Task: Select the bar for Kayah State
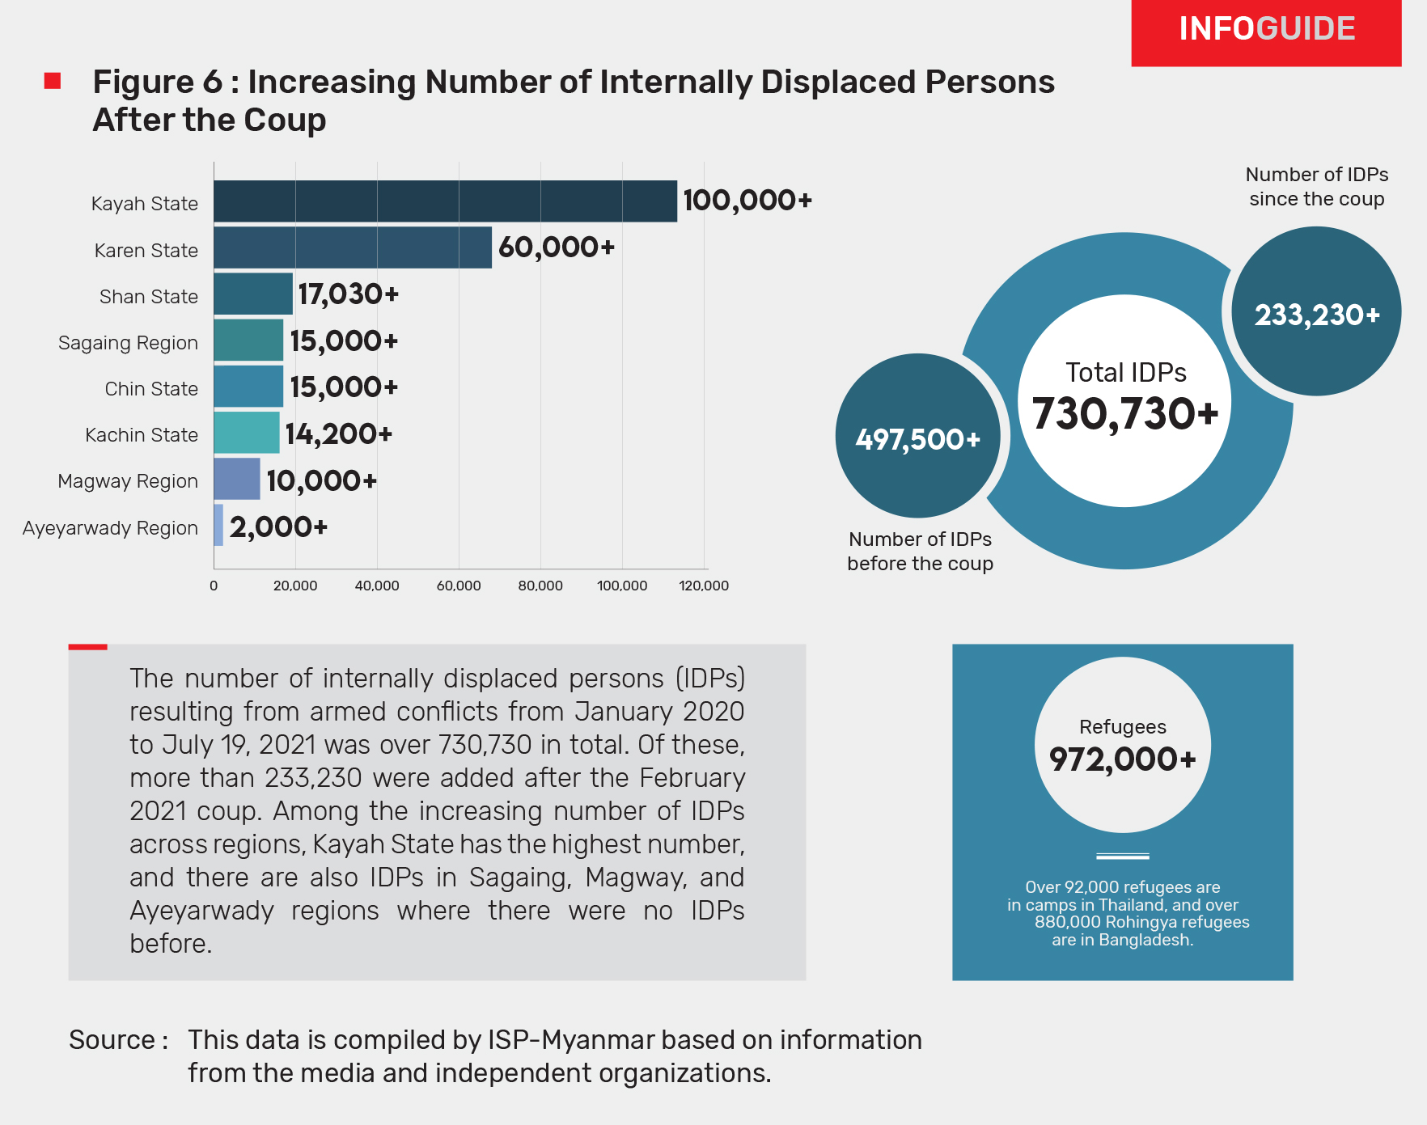pyautogui.click(x=445, y=201)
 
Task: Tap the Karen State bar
pyautogui.click(x=353, y=247)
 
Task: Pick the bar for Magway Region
pyautogui.click(x=237, y=479)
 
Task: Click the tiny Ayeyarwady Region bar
pyautogui.click(x=218, y=526)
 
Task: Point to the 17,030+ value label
pyautogui.click(x=348, y=294)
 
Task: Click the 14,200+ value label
pyautogui.click(x=338, y=434)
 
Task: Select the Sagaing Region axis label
pyautogui.click(x=128, y=343)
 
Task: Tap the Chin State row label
pyautogui.click(x=151, y=389)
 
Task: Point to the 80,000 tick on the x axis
pyautogui.click(x=540, y=586)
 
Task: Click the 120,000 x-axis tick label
pyautogui.click(x=704, y=586)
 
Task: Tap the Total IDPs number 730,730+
pyautogui.click(x=1125, y=414)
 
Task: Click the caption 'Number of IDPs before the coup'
pyautogui.click(x=920, y=552)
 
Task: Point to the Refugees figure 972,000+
pyautogui.click(x=1122, y=759)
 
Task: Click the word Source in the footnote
pyautogui.click(x=112, y=1040)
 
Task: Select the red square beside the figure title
pyautogui.click(x=53, y=81)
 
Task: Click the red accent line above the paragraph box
pyautogui.click(x=87, y=647)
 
